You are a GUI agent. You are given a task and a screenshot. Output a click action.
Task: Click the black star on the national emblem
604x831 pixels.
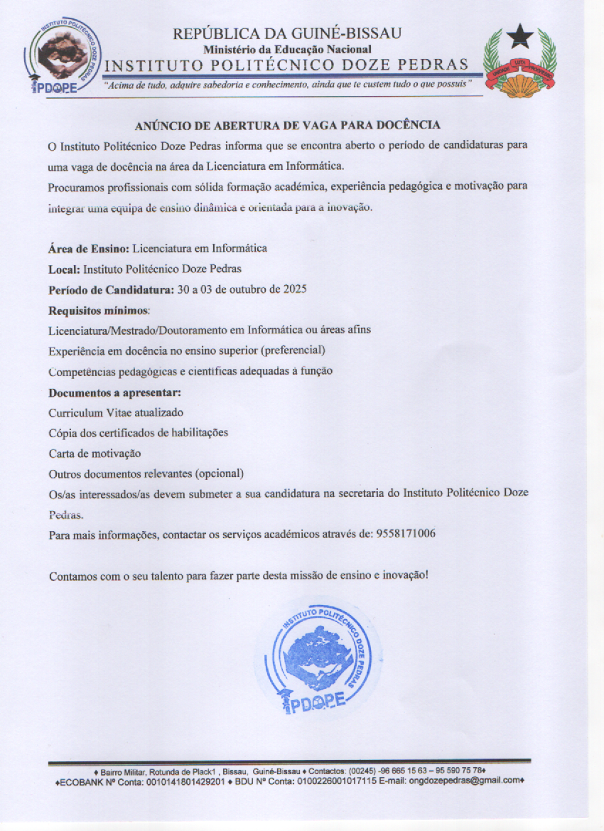click(x=520, y=36)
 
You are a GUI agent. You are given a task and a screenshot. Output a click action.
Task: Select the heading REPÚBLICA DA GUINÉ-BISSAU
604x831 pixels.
click(x=287, y=33)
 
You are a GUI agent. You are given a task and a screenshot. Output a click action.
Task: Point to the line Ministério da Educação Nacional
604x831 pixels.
click(x=287, y=49)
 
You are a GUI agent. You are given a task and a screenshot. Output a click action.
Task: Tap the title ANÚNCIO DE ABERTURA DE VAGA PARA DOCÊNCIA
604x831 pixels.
click(x=288, y=126)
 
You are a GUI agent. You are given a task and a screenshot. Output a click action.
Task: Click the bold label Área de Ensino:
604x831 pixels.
click(x=88, y=249)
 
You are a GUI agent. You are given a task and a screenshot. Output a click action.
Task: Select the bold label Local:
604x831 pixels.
click(x=64, y=269)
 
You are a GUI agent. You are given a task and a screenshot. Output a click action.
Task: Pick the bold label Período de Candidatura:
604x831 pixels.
click(x=111, y=290)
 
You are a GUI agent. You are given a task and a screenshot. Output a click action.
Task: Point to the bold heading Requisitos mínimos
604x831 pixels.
click(x=99, y=311)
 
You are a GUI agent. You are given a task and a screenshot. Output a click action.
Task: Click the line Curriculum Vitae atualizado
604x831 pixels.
click(x=116, y=413)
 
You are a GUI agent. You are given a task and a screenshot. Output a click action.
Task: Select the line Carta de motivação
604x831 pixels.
click(x=95, y=454)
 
